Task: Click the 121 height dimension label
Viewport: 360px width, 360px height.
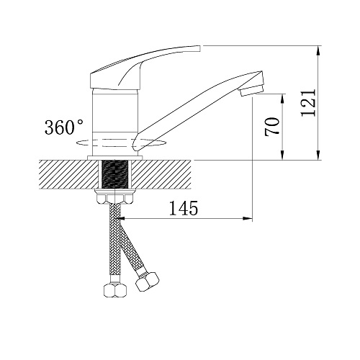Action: pyautogui.click(x=308, y=103)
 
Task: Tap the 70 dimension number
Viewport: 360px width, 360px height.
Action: pyautogui.click(x=272, y=126)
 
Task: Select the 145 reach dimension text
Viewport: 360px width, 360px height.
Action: pyautogui.click(x=184, y=208)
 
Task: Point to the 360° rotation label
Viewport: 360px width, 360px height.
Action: pyautogui.click(x=63, y=127)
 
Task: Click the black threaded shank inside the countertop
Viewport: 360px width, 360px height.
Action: pyautogui.click(x=115, y=174)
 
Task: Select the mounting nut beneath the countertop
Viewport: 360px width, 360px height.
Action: pyautogui.click(x=114, y=197)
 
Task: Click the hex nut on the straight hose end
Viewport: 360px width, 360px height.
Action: pyautogui.click(x=115, y=290)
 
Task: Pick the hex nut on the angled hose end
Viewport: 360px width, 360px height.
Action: pyautogui.click(x=147, y=282)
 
